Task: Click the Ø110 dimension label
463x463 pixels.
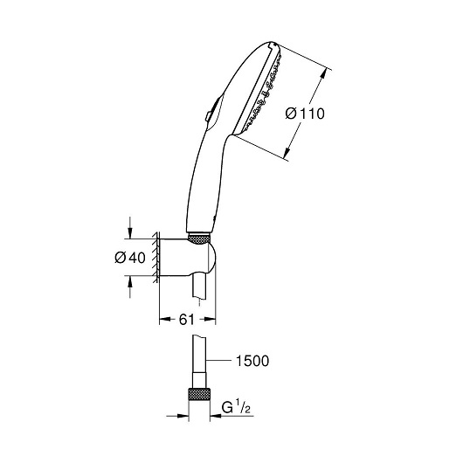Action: pyautogui.click(x=305, y=114)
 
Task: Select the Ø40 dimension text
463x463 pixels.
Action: pyautogui.click(x=130, y=258)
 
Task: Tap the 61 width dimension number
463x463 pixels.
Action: pyautogui.click(x=187, y=319)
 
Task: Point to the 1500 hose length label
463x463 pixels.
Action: pyautogui.click(x=252, y=361)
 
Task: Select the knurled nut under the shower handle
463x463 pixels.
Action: pyautogui.click(x=199, y=238)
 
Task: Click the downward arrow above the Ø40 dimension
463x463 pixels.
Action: pyautogui.click(x=129, y=228)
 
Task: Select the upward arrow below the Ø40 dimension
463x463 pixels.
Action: pyautogui.click(x=129, y=287)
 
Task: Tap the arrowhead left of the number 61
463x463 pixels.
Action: pyautogui.click(x=165, y=319)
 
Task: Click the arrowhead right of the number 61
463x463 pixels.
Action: pyautogui.click(x=211, y=319)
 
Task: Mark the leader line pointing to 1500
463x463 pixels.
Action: pyautogui.click(x=218, y=360)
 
